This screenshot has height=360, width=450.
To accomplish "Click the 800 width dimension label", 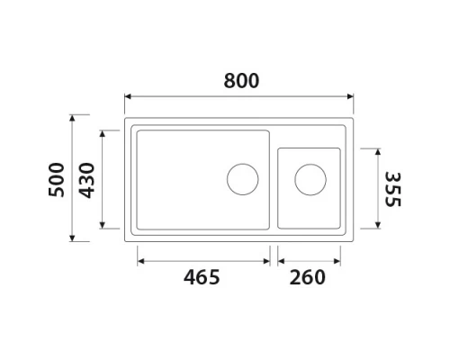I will pyautogui.click(x=240, y=81).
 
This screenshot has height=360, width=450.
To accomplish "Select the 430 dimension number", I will pyautogui.click(x=86, y=180).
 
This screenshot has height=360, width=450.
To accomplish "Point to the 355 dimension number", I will pyautogui.click(x=391, y=189).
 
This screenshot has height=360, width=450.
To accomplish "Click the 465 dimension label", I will pyautogui.click(x=202, y=277).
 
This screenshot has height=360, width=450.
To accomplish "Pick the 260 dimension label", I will pyautogui.click(x=308, y=277).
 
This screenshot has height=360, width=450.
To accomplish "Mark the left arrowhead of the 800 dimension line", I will pyautogui.click(x=128, y=95).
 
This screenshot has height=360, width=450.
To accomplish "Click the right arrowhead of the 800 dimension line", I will pyautogui.click(x=352, y=95).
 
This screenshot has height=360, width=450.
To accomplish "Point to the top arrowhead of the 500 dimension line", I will pyautogui.click(x=75, y=118).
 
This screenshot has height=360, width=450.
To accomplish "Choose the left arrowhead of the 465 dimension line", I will pyautogui.click(x=140, y=262).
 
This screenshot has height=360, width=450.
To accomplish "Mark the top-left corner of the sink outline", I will pyautogui.click(x=126, y=117).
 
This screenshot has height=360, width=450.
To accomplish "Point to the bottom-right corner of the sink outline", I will pyautogui.click(x=354, y=241).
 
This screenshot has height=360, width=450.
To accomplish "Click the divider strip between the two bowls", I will pyautogui.click(x=274, y=180).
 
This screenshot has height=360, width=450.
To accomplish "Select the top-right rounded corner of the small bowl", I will pyautogui.click(x=338, y=149).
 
